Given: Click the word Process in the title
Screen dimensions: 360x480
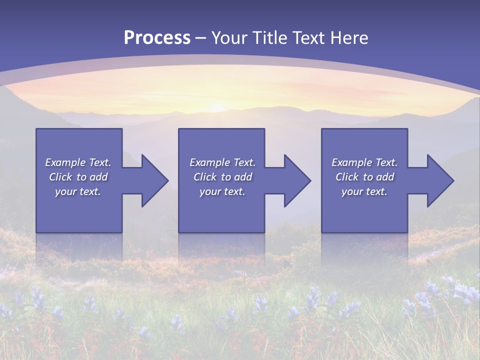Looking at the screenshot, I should [157, 38].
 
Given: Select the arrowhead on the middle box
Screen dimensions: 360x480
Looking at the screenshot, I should [297, 180].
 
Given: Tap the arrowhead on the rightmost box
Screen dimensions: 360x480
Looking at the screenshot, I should [440, 180].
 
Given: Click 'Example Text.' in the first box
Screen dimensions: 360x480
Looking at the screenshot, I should [78, 162].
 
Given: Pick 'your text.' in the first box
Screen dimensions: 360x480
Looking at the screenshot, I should [78, 191].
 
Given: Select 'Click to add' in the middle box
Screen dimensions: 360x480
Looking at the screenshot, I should [222, 177].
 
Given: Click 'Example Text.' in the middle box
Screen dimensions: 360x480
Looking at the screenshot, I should [222, 162].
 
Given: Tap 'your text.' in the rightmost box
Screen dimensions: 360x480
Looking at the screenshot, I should [364, 191].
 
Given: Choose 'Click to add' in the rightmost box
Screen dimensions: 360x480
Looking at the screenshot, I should [364, 177].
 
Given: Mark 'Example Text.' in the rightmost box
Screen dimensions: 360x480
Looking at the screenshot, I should [364, 162].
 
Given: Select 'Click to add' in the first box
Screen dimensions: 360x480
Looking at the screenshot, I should [78, 177].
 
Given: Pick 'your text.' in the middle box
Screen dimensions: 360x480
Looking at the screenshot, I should [222, 191].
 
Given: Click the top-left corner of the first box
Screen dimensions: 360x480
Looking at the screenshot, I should [36, 129].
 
